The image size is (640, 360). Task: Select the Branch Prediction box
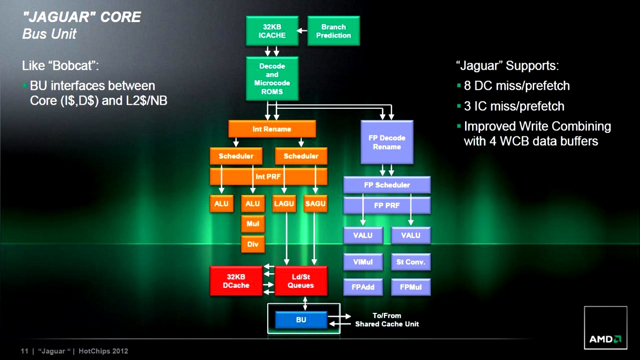coord(333,31)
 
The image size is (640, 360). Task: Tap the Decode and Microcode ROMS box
coord(272,79)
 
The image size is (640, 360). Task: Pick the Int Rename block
coord(272,129)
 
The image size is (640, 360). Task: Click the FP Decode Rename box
coord(387,142)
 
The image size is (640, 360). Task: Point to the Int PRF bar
coord(268,176)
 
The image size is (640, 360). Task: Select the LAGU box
coord(285,204)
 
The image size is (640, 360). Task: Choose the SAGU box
coord(315,204)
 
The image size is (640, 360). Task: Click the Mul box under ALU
coord(253,224)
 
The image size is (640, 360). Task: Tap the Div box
coord(253,244)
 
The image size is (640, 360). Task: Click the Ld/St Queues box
coord(301,281)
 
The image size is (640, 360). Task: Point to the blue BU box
coord(301,319)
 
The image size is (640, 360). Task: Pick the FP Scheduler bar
coord(387,185)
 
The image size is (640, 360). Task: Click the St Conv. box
coord(410,262)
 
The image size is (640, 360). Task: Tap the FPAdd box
coord(363,287)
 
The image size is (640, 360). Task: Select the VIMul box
coord(363,262)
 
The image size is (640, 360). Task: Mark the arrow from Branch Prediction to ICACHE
coord(302,31)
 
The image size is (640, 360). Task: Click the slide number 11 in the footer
coord(24,351)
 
